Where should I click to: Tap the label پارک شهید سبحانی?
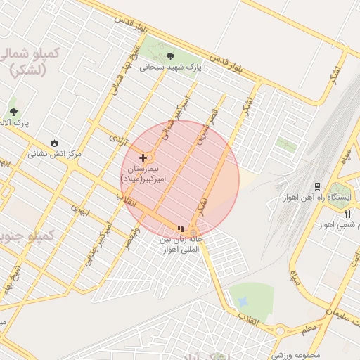170,68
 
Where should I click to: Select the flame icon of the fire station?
53,141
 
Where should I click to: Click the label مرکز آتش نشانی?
55,153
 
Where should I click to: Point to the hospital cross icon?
143,157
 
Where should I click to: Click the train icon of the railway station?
318,186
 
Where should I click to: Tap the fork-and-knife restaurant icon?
347,214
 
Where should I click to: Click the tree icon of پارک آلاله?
13,112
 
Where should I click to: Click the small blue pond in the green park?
243,302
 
